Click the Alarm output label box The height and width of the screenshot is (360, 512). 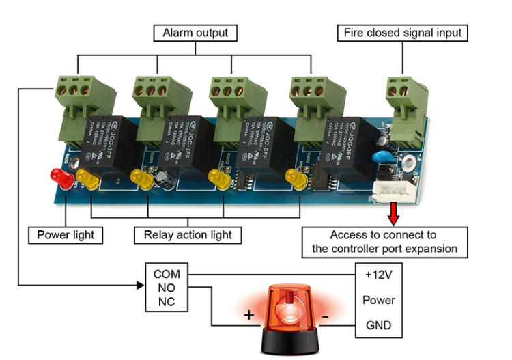click(195, 33)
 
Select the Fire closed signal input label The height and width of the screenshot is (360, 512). click(403, 33)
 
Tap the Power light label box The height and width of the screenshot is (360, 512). click(66, 236)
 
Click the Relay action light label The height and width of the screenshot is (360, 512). click(188, 236)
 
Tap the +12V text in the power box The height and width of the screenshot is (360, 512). click(379, 275)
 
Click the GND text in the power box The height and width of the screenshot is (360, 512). click(379, 325)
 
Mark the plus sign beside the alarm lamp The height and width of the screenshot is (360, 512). click(249, 316)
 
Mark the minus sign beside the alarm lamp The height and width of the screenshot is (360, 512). click(326, 316)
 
